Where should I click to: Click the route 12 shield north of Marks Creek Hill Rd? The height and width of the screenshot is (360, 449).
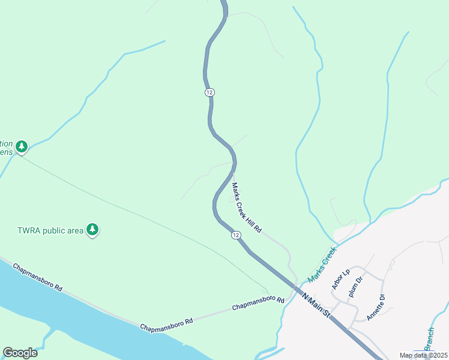209,92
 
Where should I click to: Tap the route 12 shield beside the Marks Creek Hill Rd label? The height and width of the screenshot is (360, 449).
236,236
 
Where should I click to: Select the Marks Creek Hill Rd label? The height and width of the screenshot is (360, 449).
247,208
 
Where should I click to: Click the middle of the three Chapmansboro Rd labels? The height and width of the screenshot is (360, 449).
166,322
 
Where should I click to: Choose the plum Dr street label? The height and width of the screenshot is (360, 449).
356,287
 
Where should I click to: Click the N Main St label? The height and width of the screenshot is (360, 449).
316,305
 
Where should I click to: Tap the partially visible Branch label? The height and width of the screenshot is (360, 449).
430,340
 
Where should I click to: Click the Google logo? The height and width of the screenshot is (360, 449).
20,353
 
